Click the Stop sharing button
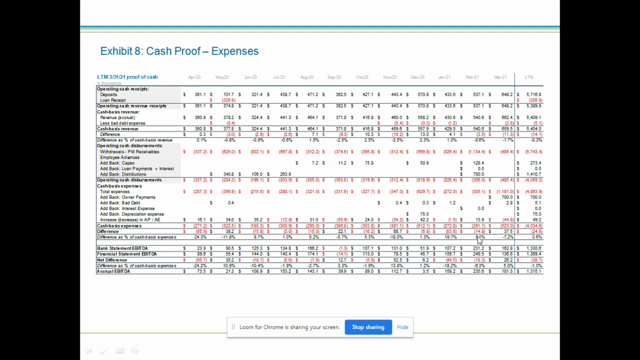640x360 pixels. pyautogui.click(x=368, y=327)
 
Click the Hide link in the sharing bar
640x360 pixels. pyautogui.click(x=402, y=327)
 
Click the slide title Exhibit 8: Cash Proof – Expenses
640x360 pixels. pyautogui.click(x=179, y=51)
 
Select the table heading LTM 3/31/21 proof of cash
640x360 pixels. pyautogui.click(x=127, y=77)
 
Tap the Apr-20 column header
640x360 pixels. pyautogui.click(x=194, y=77)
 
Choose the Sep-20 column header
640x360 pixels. pyautogui.click(x=334, y=77)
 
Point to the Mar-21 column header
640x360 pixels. pyautogui.click(x=500, y=77)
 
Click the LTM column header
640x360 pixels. pyautogui.click(x=529, y=77)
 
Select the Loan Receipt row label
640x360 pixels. pyautogui.click(x=113, y=100)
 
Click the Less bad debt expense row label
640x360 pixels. pyautogui.click(x=122, y=123)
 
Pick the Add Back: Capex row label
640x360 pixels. pyautogui.click(x=117, y=163)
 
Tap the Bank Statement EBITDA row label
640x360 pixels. pyautogui.click(x=122, y=248)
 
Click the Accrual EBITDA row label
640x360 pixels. pyautogui.click(x=113, y=271)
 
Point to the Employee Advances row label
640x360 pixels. pyautogui.click(x=120, y=157)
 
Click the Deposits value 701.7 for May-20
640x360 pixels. pyautogui.click(x=228, y=94)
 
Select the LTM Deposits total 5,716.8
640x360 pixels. pyautogui.click(x=533, y=94)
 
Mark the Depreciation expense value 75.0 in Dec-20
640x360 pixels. pyautogui.click(x=424, y=214)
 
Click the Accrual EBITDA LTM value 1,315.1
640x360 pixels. pyautogui.click(x=533, y=271)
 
